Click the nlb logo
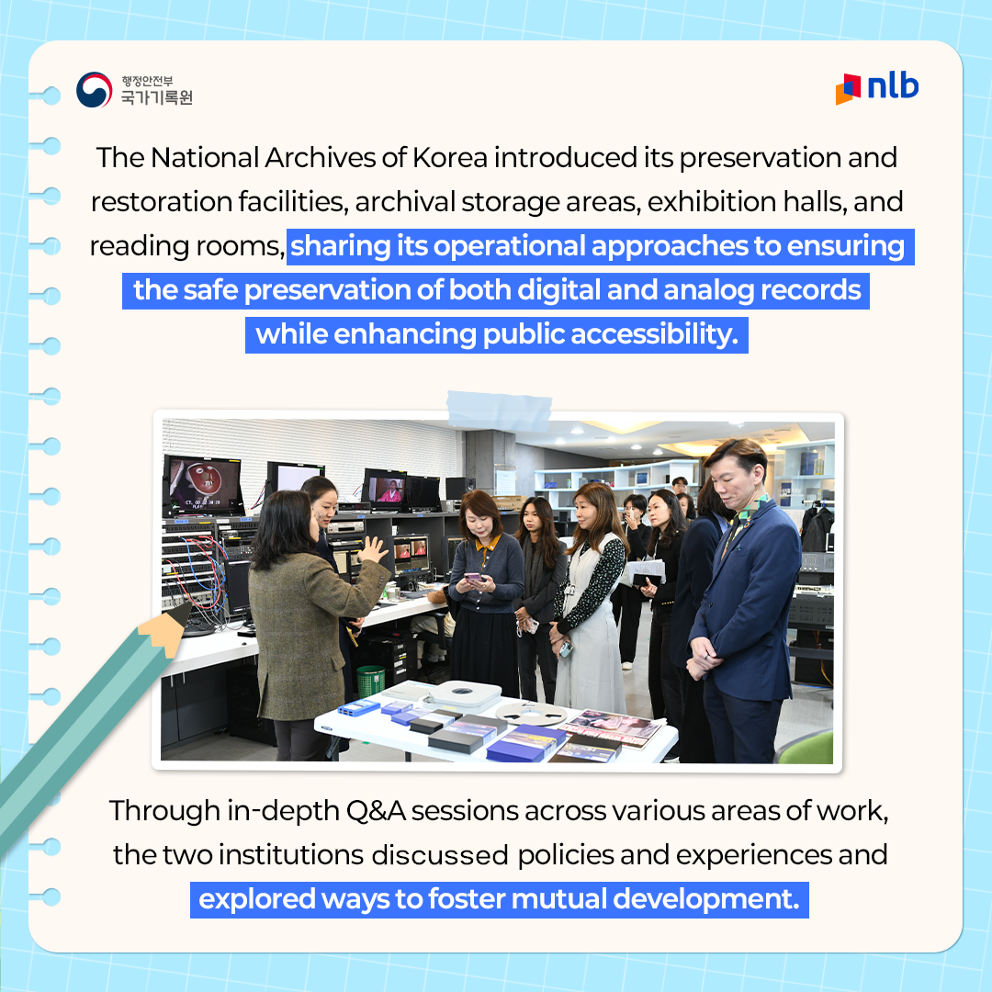[x=877, y=87]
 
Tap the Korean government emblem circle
[x=94, y=90]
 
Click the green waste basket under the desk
[x=370, y=680]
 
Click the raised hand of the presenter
[x=373, y=551]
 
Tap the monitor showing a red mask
[x=203, y=484]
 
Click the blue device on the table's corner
[x=358, y=706]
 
